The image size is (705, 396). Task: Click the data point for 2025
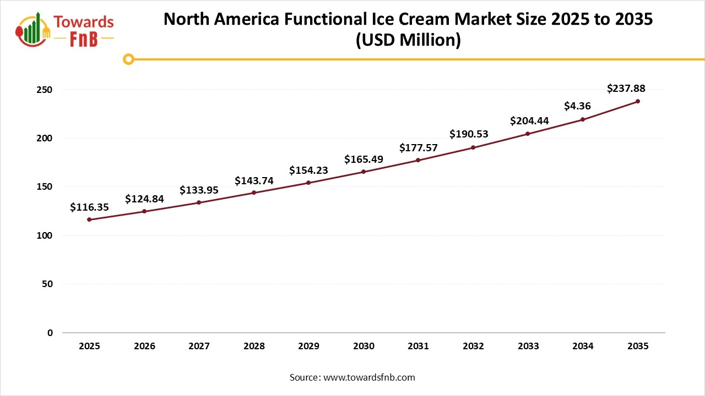(x=89, y=219)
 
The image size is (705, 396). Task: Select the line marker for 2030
(x=364, y=172)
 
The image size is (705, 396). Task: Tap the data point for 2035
(x=638, y=101)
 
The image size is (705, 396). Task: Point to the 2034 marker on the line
(x=583, y=119)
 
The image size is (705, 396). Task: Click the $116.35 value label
(x=89, y=207)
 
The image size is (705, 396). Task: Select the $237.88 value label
(x=626, y=88)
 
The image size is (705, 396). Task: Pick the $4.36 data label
(x=578, y=106)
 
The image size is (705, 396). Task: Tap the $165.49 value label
(x=364, y=159)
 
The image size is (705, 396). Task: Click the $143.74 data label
(x=254, y=180)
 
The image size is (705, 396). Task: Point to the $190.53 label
(x=469, y=134)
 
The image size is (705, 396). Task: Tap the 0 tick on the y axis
(x=50, y=333)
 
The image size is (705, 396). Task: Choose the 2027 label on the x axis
(x=199, y=346)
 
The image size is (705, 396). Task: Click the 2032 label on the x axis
(x=473, y=346)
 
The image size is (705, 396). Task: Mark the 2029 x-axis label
(x=308, y=346)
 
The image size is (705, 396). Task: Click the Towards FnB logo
(x=65, y=29)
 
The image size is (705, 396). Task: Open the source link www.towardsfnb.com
(x=368, y=377)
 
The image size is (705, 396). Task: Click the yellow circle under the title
(x=128, y=59)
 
